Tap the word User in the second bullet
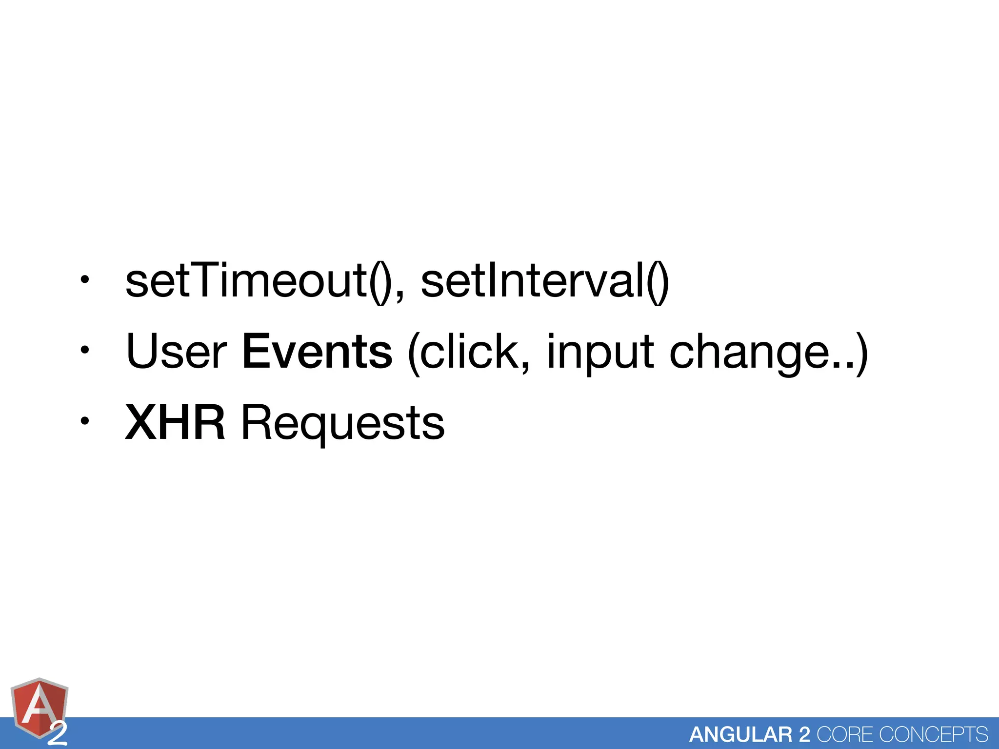click(176, 352)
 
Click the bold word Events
click(317, 352)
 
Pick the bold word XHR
click(175, 423)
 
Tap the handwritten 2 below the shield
click(58, 734)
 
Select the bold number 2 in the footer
click(804, 734)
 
